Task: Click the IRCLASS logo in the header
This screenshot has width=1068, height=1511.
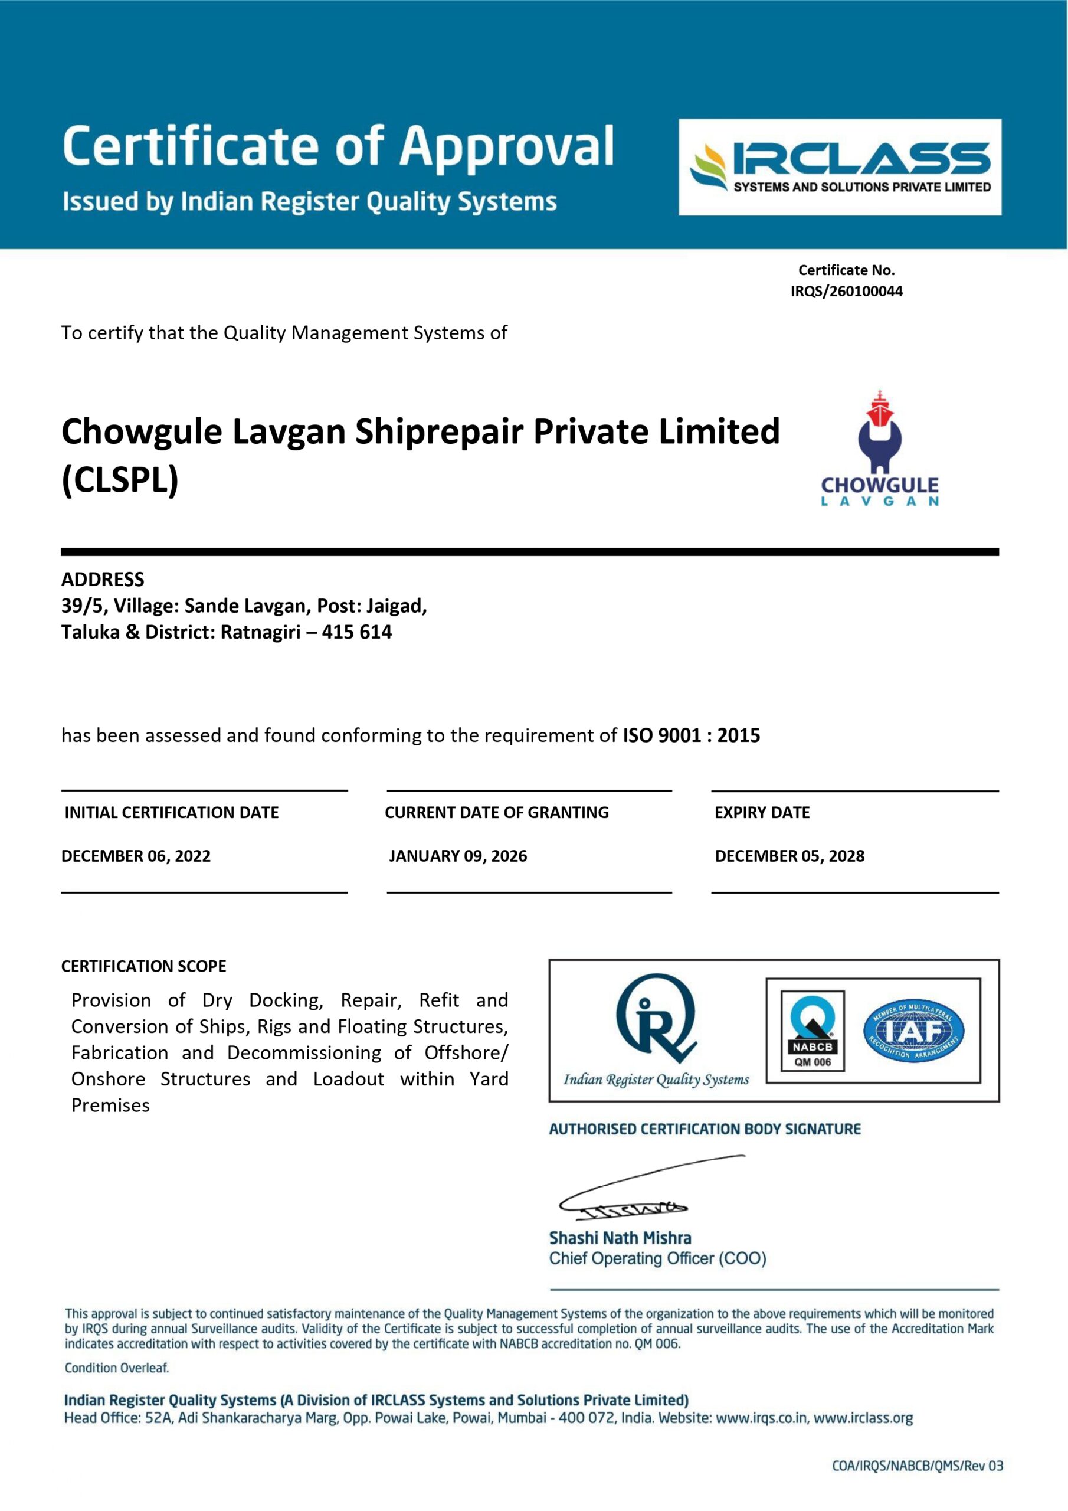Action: pyautogui.click(x=840, y=166)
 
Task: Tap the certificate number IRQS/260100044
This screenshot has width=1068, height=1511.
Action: pyautogui.click(x=846, y=291)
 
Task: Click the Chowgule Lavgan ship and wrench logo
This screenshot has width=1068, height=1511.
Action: pyautogui.click(x=879, y=447)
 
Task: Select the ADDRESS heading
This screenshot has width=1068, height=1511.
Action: pyautogui.click(x=103, y=579)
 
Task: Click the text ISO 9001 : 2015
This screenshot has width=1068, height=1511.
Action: pyautogui.click(x=691, y=735)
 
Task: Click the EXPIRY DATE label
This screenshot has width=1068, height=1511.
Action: pyautogui.click(x=762, y=812)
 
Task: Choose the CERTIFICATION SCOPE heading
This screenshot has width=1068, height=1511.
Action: pyautogui.click(x=143, y=966)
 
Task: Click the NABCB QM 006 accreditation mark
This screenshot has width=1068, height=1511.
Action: pyautogui.click(x=812, y=1031)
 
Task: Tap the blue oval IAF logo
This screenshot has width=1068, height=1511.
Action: pyautogui.click(x=913, y=1031)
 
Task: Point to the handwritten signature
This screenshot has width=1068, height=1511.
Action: pyautogui.click(x=632, y=1191)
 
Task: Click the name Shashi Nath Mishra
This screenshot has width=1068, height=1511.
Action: pyautogui.click(x=620, y=1238)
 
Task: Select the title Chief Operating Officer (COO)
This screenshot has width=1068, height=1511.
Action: pyautogui.click(x=657, y=1258)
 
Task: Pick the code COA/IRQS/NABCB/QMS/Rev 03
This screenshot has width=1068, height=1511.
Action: pyautogui.click(x=918, y=1466)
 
